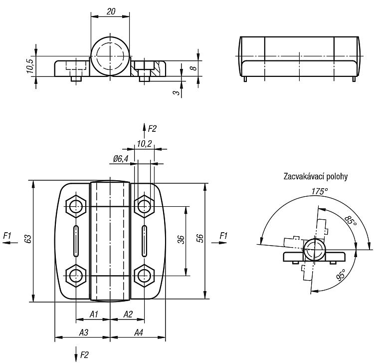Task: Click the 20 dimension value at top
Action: pos(111,11)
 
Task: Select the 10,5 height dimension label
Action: pos(30,66)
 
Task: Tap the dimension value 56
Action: pos(200,238)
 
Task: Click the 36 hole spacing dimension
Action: pos(182,240)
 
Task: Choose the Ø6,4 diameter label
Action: pos(121,159)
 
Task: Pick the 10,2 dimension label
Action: pos(144,144)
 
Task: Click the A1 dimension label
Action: pos(94,314)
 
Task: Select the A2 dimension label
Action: pos(128,314)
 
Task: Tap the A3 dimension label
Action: pos(84,333)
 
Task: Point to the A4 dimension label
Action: pos(138,333)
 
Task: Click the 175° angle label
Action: pos(319,191)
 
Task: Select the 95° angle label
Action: pos(341,275)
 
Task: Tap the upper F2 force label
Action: pos(152,129)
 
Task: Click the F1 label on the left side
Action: pos(7,236)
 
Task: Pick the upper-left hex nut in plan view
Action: pos(76,206)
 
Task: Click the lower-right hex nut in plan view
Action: pos(144,276)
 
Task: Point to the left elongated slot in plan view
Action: pos(76,241)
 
